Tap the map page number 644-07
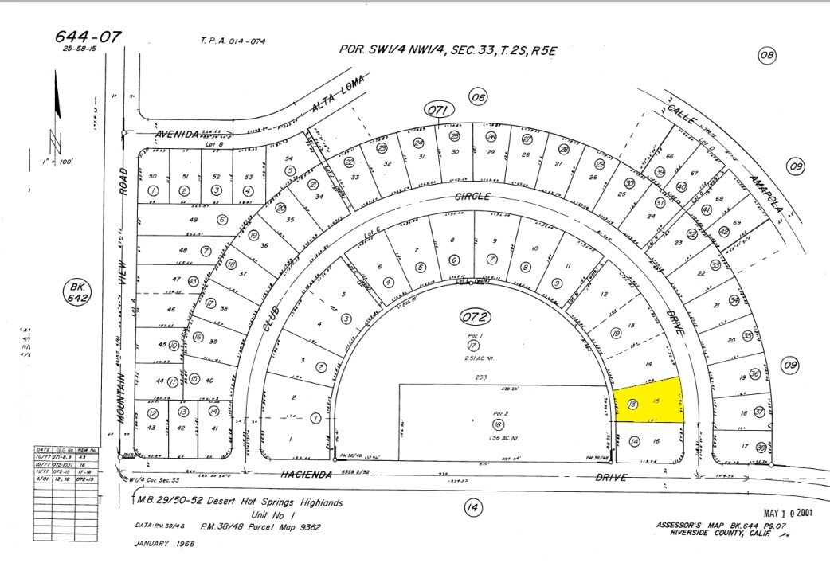pyautogui.click(x=88, y=37)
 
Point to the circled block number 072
pyautogui.click(x=475, y=318)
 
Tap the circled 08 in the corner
pyautogui.click(x=767, y=55)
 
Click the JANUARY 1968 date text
pyautogui.click(x=164, y=544)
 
